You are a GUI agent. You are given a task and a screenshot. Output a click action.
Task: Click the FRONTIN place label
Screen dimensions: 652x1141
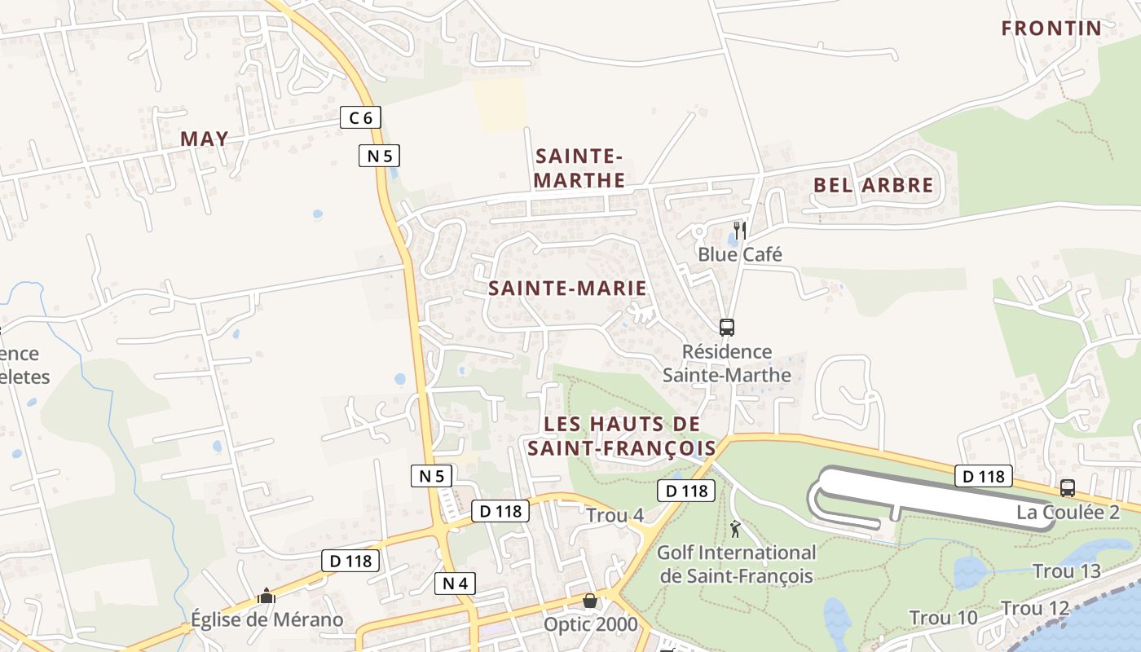[1051, 29]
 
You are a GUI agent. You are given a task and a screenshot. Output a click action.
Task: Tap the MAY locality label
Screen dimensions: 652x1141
[205, 139]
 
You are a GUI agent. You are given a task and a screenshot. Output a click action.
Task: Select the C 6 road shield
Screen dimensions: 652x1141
[360, 118]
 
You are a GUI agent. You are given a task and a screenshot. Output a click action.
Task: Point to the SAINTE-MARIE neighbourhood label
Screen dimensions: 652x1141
[567, 288]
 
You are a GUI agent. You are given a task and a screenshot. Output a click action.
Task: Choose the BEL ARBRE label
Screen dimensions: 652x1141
[874, 185]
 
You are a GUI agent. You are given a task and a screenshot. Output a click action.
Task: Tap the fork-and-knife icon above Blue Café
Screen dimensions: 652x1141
[739, 231]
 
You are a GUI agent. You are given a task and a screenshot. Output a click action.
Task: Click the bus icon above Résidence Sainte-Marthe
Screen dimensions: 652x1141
[726, 328]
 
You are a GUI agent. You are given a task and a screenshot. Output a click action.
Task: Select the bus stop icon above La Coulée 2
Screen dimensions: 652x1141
[1067, 488]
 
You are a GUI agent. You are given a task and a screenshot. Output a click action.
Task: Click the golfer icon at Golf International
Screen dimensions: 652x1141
[735, 528]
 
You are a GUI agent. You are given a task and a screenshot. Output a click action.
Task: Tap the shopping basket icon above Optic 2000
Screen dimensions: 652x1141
[589, 601]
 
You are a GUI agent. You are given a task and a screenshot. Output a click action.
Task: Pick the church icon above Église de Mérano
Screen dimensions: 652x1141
[267, 596]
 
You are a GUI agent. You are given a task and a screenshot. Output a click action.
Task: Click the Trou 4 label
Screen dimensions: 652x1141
[615, 516]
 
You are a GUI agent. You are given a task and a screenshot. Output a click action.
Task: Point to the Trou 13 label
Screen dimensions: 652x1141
[1067, 571]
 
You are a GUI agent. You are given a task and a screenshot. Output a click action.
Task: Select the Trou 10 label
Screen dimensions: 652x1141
[943, 618]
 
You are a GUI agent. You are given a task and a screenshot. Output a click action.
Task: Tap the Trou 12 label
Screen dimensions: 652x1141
[1035, 609]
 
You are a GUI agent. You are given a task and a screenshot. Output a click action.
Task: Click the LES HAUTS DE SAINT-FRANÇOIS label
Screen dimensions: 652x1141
[621, 436]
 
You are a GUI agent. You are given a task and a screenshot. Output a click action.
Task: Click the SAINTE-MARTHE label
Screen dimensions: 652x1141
[579, 168]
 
